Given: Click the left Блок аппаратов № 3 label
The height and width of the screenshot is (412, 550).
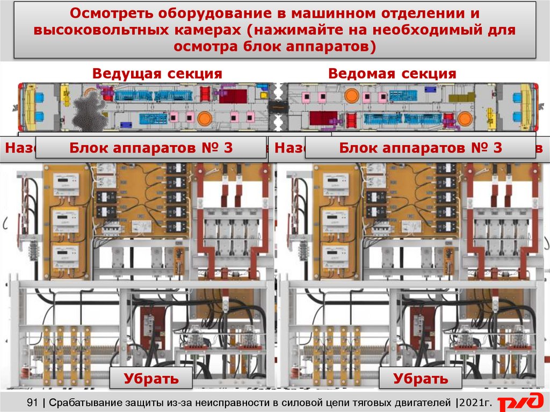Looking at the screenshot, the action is point(151,148).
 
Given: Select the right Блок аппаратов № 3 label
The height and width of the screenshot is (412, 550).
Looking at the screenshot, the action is point(421,148).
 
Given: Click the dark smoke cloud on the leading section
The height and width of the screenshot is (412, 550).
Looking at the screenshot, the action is point(89,110).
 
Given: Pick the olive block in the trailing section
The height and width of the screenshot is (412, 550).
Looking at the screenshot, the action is point(462,97).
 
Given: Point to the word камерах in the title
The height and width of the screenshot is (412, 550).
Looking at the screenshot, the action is point(214,30).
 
